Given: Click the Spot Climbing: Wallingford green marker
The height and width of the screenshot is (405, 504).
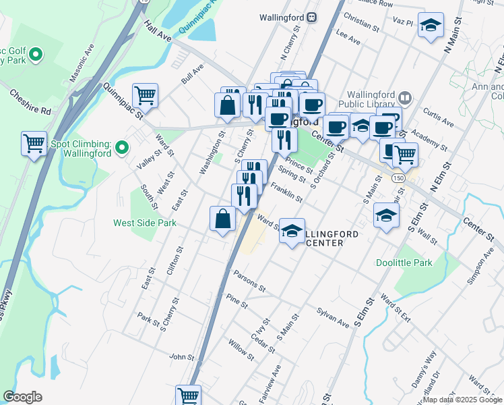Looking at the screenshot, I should [121, 146].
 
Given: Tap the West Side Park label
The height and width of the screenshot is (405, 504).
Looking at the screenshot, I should [144, 222].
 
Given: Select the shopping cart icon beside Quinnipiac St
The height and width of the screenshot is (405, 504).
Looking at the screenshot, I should [145, 95].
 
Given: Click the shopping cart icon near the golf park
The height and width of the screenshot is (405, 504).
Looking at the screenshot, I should [34, 143].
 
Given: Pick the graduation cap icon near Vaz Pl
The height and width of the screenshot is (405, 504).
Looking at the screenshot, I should [431, 25].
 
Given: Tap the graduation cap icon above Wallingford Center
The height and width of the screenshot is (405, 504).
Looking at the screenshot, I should [291, 231].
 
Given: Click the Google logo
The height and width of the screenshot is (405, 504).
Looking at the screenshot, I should [22, 397].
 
